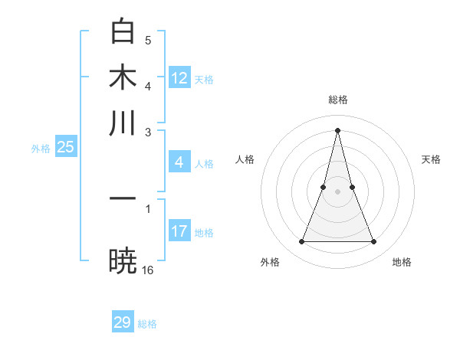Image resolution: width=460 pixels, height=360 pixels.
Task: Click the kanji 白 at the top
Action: coord(123,32)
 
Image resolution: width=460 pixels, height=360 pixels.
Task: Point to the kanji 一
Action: coord(123,198)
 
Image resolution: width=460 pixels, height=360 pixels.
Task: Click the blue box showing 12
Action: coord(179,78)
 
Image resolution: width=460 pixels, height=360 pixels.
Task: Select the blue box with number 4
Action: coord(179,162)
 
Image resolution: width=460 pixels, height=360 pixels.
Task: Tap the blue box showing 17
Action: coord(179,231)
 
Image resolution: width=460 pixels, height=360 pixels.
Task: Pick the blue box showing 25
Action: coord(65,148)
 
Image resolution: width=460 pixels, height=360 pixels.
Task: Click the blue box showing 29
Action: coord(123,322)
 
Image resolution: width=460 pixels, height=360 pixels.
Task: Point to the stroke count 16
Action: coord(148,270)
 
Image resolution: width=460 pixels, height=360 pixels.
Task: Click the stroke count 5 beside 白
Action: coord(148,40)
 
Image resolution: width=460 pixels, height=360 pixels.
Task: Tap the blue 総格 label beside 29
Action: coord(147,324)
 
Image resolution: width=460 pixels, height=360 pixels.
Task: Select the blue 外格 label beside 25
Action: coord(40,149)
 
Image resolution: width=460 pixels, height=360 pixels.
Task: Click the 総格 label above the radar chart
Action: coord(337,100)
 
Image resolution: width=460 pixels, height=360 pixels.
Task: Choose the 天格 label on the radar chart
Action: coord(432,159)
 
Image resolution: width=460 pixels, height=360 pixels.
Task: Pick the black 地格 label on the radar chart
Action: coord(402,262)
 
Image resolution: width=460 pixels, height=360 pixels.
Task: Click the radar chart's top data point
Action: coord(337,129)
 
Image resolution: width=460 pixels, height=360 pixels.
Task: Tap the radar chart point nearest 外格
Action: coord(301,242)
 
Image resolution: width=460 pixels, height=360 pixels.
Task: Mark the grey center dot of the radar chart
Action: coord(337,191)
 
